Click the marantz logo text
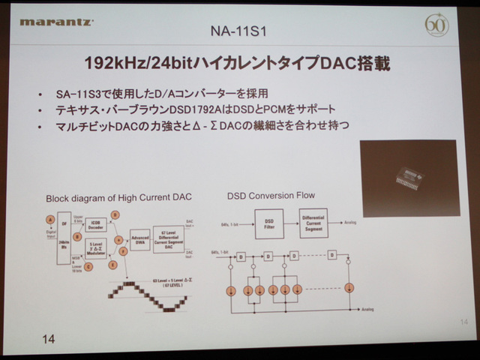(56, 22)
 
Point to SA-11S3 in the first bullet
(82, 94)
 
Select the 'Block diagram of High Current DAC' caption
(118, 198)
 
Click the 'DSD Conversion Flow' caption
(271, 196)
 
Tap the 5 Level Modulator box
(95, 247)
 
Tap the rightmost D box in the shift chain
(331, 255)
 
